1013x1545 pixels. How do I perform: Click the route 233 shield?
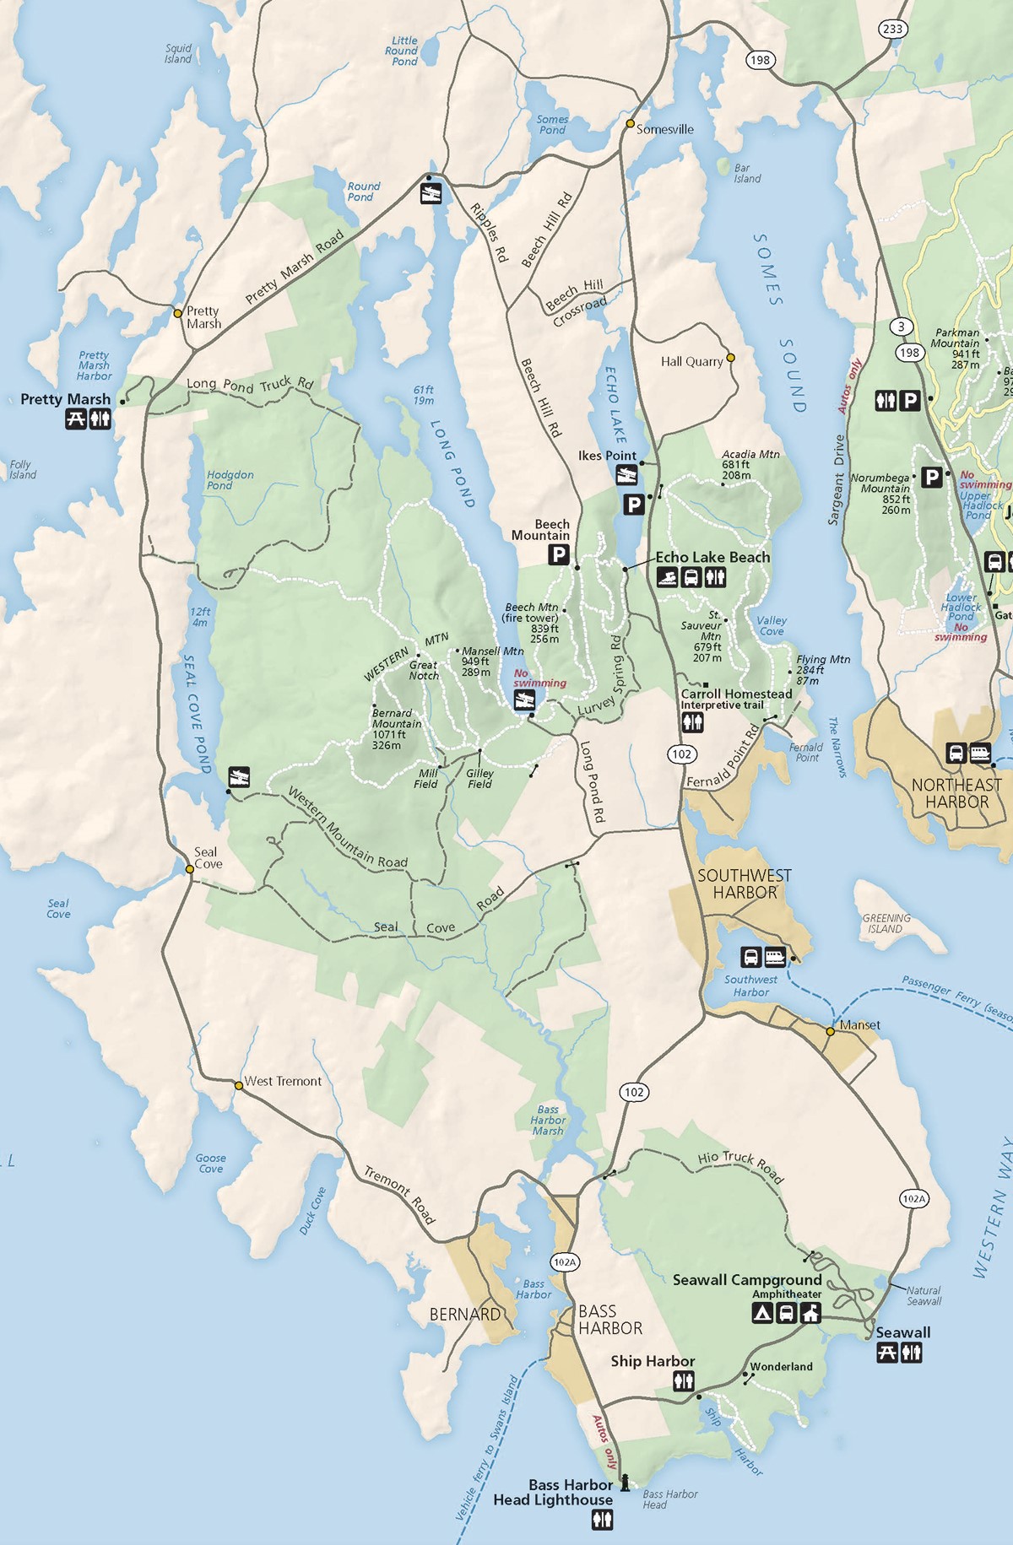(x=892, y=29)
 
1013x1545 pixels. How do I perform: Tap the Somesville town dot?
(x=630, y=123)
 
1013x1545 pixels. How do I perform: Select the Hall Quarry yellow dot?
(x=731, y=358)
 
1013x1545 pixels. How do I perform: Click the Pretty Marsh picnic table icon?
(x=76, y=419)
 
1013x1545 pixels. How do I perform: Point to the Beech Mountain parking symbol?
(x=558, y=554)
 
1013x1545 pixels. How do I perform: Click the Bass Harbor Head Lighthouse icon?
(x=625, y=1483)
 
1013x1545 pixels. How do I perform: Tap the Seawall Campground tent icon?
(x=762, y=1313)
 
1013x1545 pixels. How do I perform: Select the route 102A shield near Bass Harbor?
(x=565, y=1262)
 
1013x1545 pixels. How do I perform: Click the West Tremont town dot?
(x=239, y=1086)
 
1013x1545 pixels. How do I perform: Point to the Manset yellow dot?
(x=831, y=1031)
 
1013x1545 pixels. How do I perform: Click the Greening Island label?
(x=886, y=923)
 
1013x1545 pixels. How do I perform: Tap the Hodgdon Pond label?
(x=230, y=480)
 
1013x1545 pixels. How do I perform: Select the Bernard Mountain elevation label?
(x=387, y=740)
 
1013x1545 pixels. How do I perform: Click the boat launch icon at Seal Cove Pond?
(x=239, y=776)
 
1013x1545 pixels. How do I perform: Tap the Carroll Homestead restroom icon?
(x=692, y=722)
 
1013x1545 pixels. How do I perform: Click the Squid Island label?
(x=178, y=53)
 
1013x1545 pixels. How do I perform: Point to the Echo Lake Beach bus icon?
(x=691, y=578)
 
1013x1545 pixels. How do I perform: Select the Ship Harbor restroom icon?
(x=684, y=1381)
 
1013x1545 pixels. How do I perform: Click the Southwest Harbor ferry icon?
(x=774, y=957)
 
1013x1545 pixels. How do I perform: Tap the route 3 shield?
(x=902, y=327)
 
